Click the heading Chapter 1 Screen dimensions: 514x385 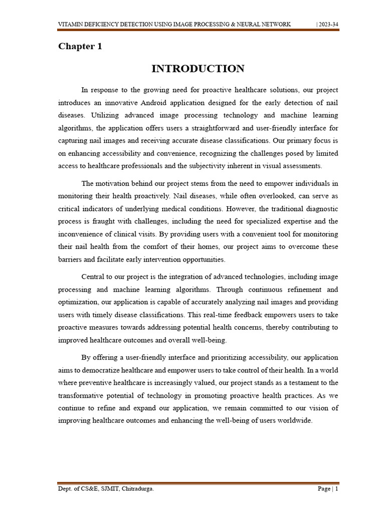coord(80,47)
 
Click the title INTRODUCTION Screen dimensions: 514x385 coord(198,69)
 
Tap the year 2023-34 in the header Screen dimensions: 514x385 coord(329,25)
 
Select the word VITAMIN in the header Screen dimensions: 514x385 coord(72,25)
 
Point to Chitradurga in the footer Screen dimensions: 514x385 coord(135,489)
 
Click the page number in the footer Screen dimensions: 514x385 coord(336,489)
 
